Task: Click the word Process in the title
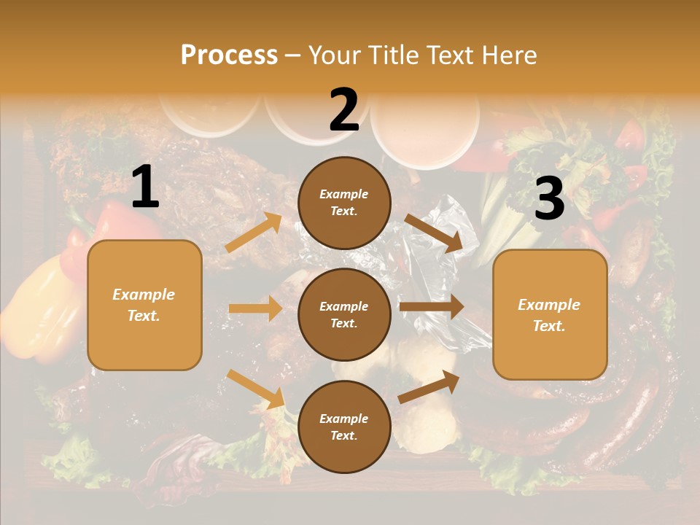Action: (x=229, y=55)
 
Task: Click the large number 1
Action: (x=145, y=187)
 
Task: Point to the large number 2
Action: (x=344, y=110)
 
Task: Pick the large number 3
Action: (x=549, y=199)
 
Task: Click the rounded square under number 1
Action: (x=144, y=305)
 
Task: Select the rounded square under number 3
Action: (x=550, y=315)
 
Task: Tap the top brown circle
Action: (x=344, y=203)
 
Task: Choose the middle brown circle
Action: (x=344, y=314)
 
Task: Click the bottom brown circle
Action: (x=344, y=427)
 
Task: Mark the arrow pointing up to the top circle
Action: (x=254, y=233)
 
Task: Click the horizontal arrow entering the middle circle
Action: (x=255, y=308)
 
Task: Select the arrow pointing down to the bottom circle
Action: (x=255, y=388)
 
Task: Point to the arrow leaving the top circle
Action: (x=433, y=233)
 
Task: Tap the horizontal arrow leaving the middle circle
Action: (x=432, y=307)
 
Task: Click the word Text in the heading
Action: (x=446, y=55)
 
